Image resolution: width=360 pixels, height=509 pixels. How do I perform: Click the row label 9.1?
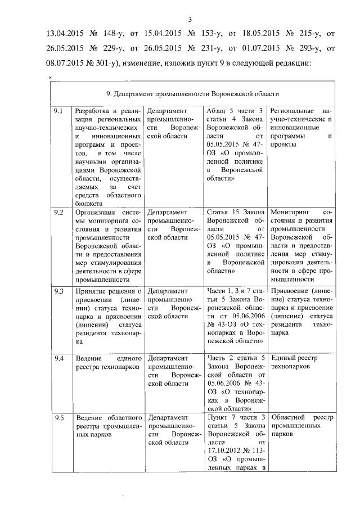[58, 110]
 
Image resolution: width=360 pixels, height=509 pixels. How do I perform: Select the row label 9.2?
[58, 212]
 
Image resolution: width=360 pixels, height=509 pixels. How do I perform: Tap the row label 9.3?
[58, 291]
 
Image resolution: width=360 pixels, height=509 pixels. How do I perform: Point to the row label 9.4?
[58, 358]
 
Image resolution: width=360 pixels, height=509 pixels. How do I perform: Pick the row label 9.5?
[58, 417]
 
